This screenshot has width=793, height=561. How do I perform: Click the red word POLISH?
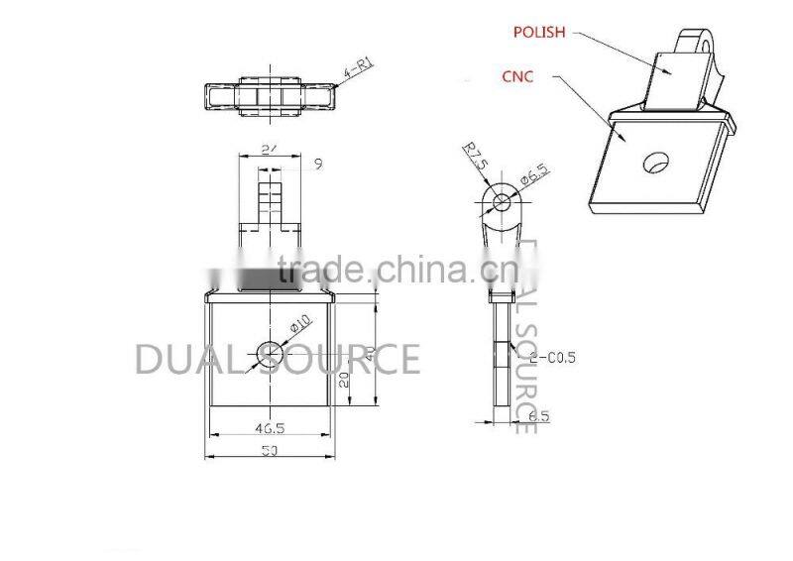tap(539, 32)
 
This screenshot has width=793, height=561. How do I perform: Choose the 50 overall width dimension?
tap(269, 453)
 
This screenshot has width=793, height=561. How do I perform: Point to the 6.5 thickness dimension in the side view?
tap(538, 417)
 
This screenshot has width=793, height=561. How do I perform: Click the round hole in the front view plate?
tap(269, 351)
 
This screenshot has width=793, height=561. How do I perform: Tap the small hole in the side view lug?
tap(502, 203)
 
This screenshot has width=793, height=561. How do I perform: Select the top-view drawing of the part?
tap(268, 96)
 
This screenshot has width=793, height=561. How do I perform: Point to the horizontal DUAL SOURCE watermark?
tap(277, 359)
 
